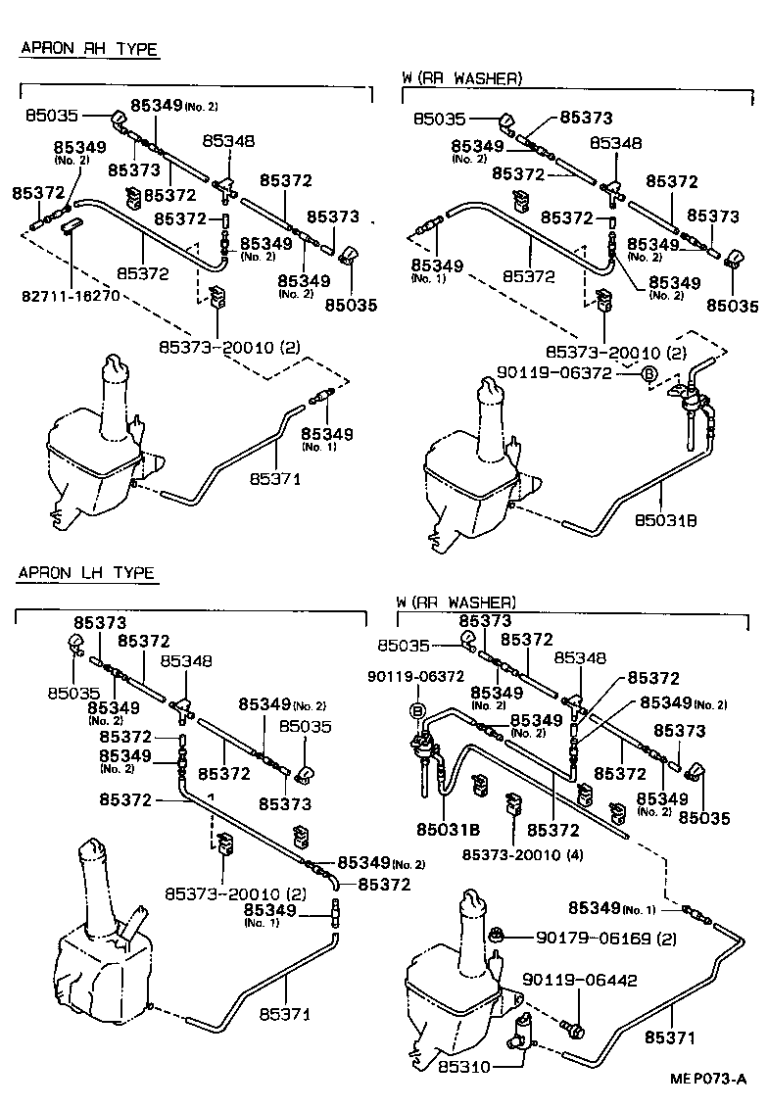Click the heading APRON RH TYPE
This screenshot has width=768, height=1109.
click(88, 49)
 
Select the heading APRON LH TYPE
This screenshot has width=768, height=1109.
click(86, 573)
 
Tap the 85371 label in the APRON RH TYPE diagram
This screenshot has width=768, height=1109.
click(275, 478)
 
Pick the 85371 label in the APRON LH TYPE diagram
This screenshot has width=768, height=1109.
click(285, 1014)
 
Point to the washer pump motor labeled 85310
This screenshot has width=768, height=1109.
click(523, 1033)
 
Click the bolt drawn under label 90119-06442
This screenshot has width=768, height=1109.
click(575, 1030)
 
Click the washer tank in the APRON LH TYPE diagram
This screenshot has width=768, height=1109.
click(98, 970)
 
